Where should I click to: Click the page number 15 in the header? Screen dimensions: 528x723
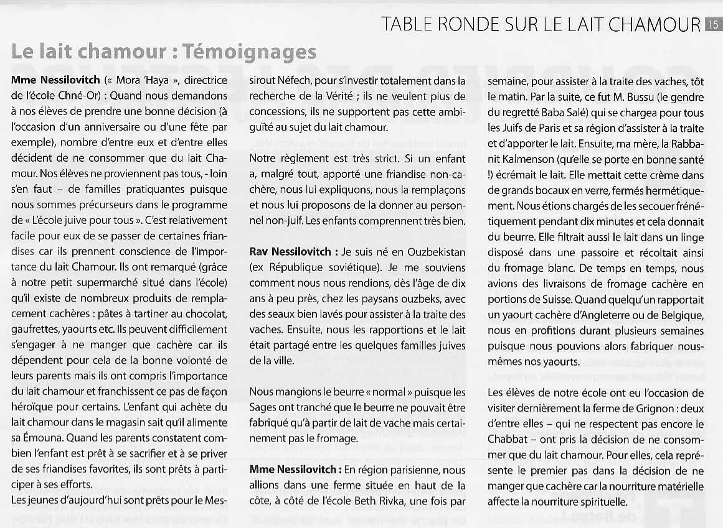(x=713, y=24)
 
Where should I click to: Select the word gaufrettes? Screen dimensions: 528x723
(x=35, y=329)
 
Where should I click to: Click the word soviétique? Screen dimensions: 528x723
(x=351, y=268)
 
